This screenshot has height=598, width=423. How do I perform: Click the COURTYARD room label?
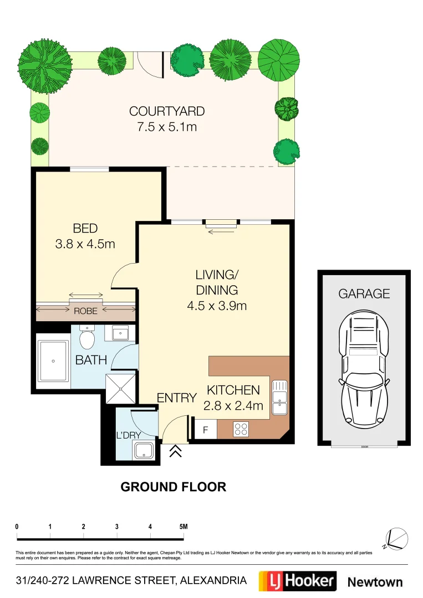point(167,111)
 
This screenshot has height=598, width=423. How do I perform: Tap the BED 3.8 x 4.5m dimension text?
point(85,244)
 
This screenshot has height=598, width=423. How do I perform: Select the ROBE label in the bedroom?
point(85,311)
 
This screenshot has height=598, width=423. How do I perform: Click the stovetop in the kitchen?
point(242,428)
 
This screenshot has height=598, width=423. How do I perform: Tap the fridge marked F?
point(205,430)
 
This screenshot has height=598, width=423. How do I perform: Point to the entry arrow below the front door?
point(176,451)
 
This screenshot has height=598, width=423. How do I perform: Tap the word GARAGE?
point(364,293)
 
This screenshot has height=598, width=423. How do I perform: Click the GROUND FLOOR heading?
point(173,487)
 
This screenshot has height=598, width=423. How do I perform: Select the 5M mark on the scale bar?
point(183,527)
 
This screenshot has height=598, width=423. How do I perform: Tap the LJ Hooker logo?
point(298,581)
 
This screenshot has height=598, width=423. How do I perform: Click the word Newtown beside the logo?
point(375,582)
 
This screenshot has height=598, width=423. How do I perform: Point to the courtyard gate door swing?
point(149,65)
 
